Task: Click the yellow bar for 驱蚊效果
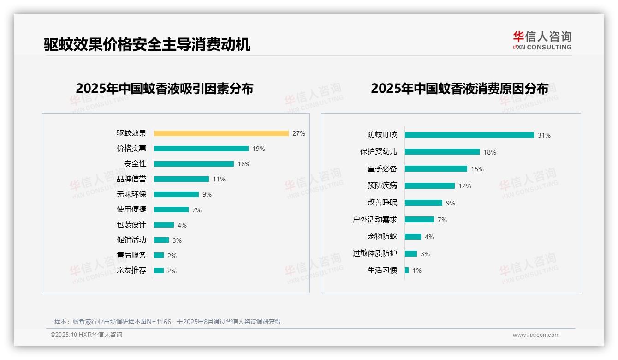(x=221, y=133)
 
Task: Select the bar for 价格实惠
(x=201, y=149)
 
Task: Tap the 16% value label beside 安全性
(x=244, y=164)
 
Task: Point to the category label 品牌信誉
(x=131, y=179)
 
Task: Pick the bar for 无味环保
(x=176, y=194)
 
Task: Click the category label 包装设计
(x=131, y=225)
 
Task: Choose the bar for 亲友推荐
(x=159, y=270)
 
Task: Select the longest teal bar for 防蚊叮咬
(x=469, y=135)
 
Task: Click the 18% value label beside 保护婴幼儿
(x=490, y=152)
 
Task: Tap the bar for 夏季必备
(x=436, y=169)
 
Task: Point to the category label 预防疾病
(x=382, y=186)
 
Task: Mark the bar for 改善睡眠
(x=423, y=203)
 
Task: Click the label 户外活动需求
(x=375, y=220)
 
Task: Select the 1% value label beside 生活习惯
(x=417, y=270)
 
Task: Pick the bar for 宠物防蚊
(x=413, y=236)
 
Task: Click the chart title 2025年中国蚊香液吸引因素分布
(x=165, y=89)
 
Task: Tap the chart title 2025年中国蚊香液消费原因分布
(x=459, y=89)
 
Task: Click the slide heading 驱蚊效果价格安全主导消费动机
(x=147, y=45)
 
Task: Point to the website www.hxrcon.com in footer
(x=536, y=335)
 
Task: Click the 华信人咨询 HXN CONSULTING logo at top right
(x=542, y=40)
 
